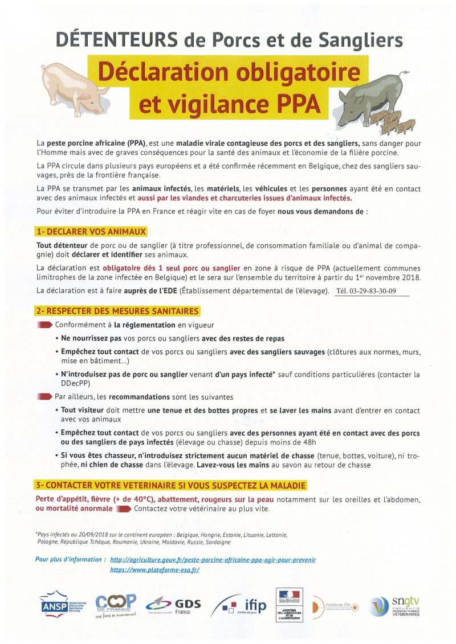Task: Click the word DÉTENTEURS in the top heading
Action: coord(116,40)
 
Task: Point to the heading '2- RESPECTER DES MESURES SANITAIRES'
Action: coord(117,311)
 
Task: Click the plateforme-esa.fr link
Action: coord(154,569)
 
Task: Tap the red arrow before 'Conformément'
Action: coord(45,325)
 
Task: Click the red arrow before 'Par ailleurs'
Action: coord(45,396)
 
